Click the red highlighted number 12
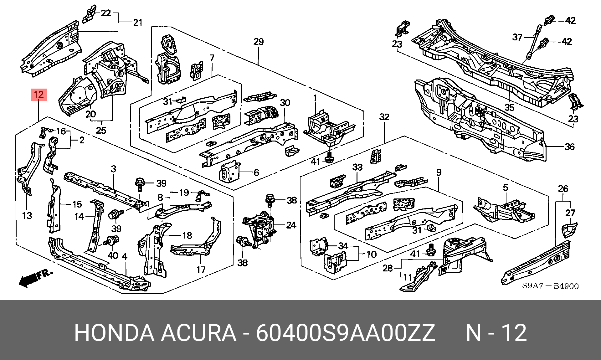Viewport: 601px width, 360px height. [39, 94]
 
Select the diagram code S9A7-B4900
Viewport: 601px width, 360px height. [550, 286]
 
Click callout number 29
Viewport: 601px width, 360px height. [259, 42]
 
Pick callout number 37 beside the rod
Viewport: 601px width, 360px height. [517, 38]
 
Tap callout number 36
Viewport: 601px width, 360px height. [570, 147]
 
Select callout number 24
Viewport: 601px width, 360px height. [291, 225]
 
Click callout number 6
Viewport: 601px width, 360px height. [256, 172]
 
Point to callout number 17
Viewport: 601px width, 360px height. [201, 269]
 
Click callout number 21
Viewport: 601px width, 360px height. [138, 22]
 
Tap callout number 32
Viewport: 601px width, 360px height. [384, 117]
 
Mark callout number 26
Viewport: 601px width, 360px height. [563, 189]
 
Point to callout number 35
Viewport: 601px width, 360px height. [510, 107]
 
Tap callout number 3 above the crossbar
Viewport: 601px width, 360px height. [113, 169]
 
